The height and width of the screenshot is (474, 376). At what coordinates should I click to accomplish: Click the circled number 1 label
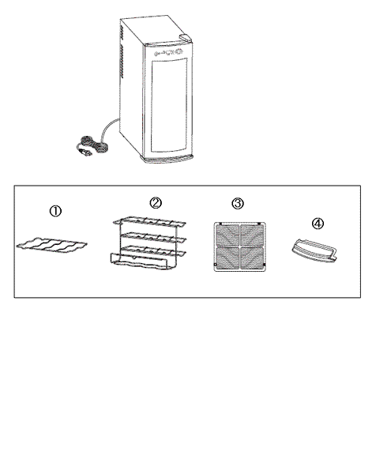click(x=55, y=211)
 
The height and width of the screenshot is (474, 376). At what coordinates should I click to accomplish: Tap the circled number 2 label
click(x=156, y=203)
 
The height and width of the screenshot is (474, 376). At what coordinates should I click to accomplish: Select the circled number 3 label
click(x=238, y=204)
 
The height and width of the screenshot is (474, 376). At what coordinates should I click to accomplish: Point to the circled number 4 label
click(x=318, y=224)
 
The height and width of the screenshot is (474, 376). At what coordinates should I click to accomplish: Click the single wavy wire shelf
click(x=51, y=245)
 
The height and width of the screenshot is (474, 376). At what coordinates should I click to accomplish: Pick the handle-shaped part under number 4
click(x=314, y=250)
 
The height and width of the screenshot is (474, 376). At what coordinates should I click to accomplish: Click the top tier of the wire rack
click(x=149, y=221)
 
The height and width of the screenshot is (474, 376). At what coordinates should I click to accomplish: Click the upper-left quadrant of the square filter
click(x=227, y=235)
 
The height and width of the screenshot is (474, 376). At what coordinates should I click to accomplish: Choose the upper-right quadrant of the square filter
click(x=252, y=235)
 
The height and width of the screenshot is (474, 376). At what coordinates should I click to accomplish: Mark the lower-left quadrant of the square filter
click(x=227, y=258)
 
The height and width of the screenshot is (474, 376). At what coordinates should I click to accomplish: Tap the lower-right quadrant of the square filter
click(x=252, y=258)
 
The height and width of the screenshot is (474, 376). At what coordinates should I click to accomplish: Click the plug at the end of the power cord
click(x=85, y=152)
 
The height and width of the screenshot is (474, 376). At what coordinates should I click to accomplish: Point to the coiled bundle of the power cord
click(x=93, y=145)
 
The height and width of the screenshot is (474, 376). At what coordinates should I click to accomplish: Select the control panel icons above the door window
click(x=169, y=52)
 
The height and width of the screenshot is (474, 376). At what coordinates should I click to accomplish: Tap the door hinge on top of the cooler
click(x=186, y=37)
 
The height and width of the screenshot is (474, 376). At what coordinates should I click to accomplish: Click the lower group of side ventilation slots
click(x=122, y=62)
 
